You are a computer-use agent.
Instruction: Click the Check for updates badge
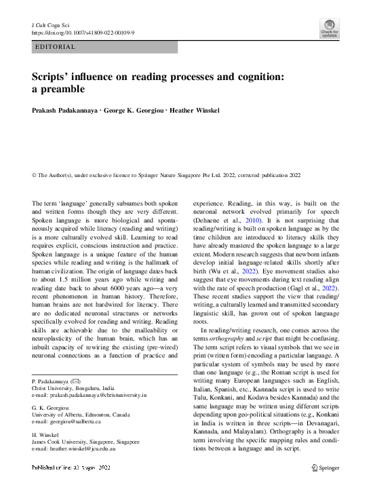tap(330, 28)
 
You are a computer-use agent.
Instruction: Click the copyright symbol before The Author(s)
tap(35, 174)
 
